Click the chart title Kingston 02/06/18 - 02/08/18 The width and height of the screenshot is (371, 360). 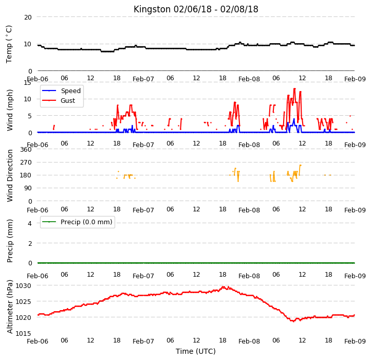(x=196, y=9)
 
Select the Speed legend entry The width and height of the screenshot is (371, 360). (x=61, y=91)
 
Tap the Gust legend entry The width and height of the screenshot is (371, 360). (x=59, y=100)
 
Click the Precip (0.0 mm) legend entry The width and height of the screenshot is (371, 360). (x=77, y=222)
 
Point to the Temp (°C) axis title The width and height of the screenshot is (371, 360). (x=9, y=44)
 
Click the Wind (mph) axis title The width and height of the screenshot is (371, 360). (x=10, y=110)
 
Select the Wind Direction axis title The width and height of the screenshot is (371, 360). (x=10, y=175)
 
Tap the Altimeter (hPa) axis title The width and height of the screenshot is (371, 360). (x=10, y=307)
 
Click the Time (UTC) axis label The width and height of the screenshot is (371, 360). (x=196, y=351)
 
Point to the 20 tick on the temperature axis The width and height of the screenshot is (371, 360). (x=28, y=17)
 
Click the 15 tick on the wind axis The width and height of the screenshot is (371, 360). (x=27, y=83)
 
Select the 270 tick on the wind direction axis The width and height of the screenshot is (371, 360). (x=26, y=163)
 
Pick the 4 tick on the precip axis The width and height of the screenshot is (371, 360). (x=30, y=223)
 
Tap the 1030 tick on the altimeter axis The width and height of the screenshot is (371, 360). (x=24, y=286)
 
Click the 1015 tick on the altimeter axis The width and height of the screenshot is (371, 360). (x=24, y=333)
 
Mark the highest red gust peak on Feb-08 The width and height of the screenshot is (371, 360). (x=294, y=88)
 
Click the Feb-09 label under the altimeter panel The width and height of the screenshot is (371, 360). (x=355, y=341)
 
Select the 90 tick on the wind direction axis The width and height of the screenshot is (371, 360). (x=28, y=188)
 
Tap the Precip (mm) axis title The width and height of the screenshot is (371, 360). (x=10, y=241)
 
